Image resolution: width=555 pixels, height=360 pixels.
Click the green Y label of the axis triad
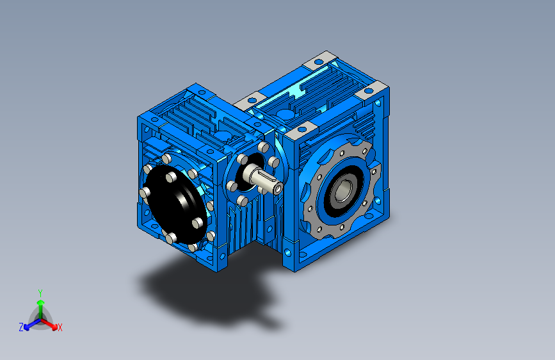tap(40, 293)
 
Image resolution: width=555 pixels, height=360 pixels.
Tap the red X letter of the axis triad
tap(60, 328)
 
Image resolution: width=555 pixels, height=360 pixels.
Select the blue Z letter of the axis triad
tap(21, 327)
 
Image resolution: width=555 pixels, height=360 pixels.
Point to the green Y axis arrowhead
tap(41, 303)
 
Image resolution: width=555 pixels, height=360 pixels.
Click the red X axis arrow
tap(49, 323)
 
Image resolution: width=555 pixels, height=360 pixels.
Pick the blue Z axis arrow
tap(33, 324)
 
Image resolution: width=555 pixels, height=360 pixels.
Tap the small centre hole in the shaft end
tap(278, 188)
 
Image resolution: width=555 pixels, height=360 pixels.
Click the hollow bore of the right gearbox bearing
tap(342, 192)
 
